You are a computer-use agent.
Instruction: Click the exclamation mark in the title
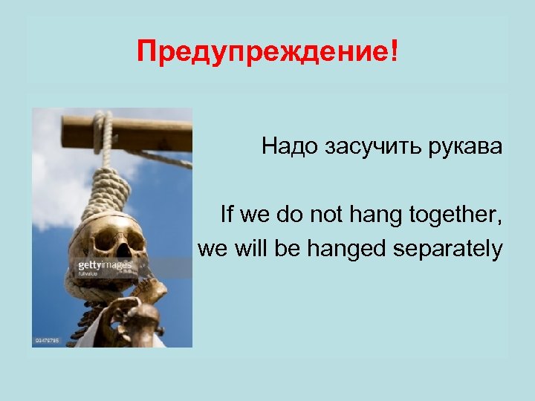coord(393,51)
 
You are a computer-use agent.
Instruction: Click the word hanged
coord(348,250)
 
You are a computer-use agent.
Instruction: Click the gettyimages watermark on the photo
coord(105,266)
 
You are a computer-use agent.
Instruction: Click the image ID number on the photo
coord(46,341)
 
